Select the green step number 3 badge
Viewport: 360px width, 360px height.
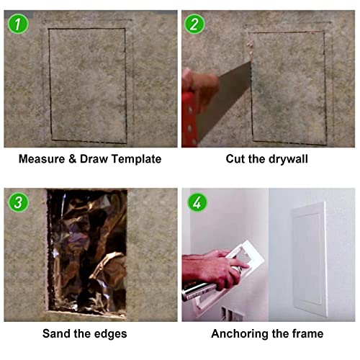point(17,202)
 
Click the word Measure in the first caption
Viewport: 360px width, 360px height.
point(42,158)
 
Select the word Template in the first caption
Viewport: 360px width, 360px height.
point(135,158)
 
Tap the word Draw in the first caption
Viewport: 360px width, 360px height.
point(93,158)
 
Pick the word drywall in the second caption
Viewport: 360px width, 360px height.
point(287,158)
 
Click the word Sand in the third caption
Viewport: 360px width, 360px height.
point(57,334)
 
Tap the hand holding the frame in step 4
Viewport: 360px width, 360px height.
point(209,266)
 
